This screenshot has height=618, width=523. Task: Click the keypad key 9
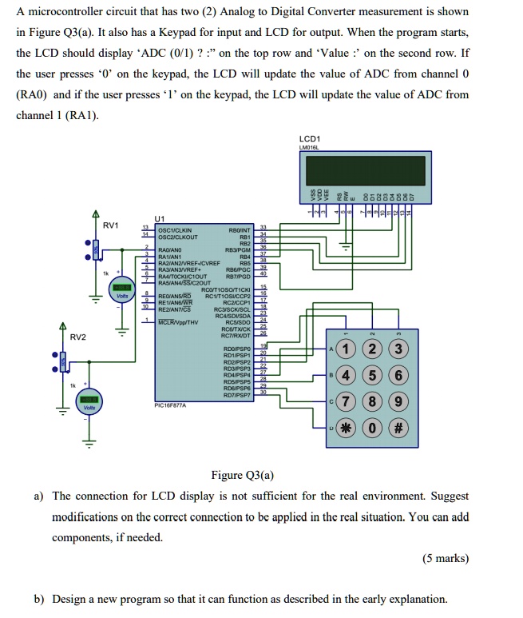400,402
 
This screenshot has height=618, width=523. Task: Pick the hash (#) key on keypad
400,429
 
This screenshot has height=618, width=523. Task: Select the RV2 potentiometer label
77,337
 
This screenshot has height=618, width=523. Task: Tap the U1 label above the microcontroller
160,218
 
